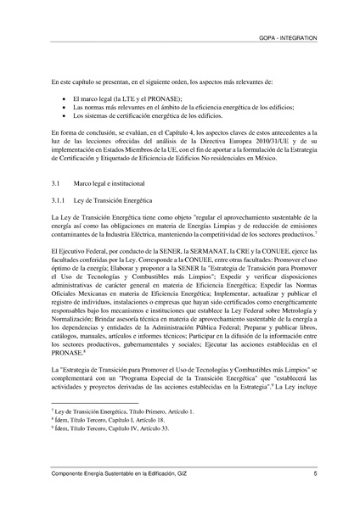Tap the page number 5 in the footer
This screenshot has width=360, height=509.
pos(315,473)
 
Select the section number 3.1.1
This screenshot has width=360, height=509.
pos(59,199)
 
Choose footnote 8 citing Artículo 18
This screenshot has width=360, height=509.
pos(105,419)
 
